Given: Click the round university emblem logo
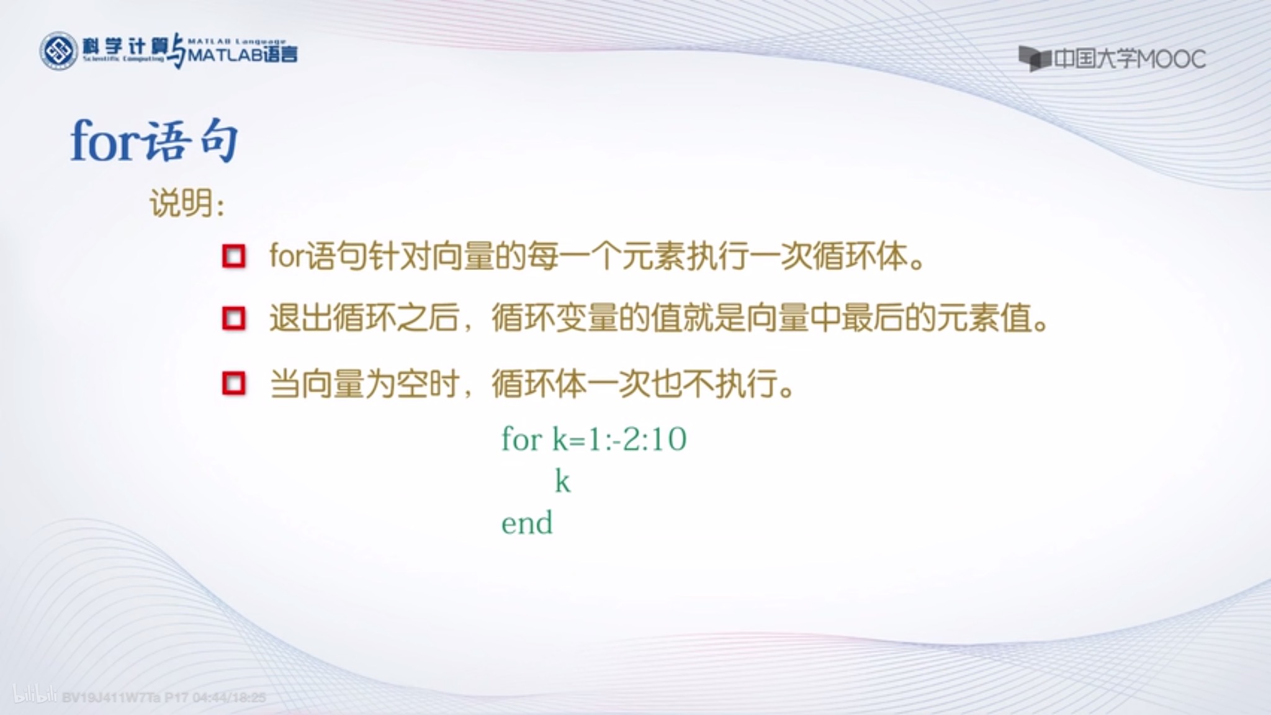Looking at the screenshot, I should (x=58, y=51).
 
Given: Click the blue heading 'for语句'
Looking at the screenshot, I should (x=154, y=142).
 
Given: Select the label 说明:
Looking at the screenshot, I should (x=186, y=203).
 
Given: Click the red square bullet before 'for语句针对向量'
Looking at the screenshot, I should (x=234, y=256).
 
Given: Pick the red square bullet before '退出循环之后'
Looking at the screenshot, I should (x=234, y=318).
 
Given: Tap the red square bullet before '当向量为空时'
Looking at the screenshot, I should (x=234, y=384).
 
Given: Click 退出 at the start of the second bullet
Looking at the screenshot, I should (x=301, y=318).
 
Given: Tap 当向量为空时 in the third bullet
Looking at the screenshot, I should (x=365, y=384).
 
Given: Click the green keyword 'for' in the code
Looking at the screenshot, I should (x=521, y=439).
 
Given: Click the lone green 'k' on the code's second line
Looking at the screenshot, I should (x=562, y=481).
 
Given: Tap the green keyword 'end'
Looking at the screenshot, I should (x=526, y=523).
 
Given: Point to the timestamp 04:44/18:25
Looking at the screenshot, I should (x=229, y=698).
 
